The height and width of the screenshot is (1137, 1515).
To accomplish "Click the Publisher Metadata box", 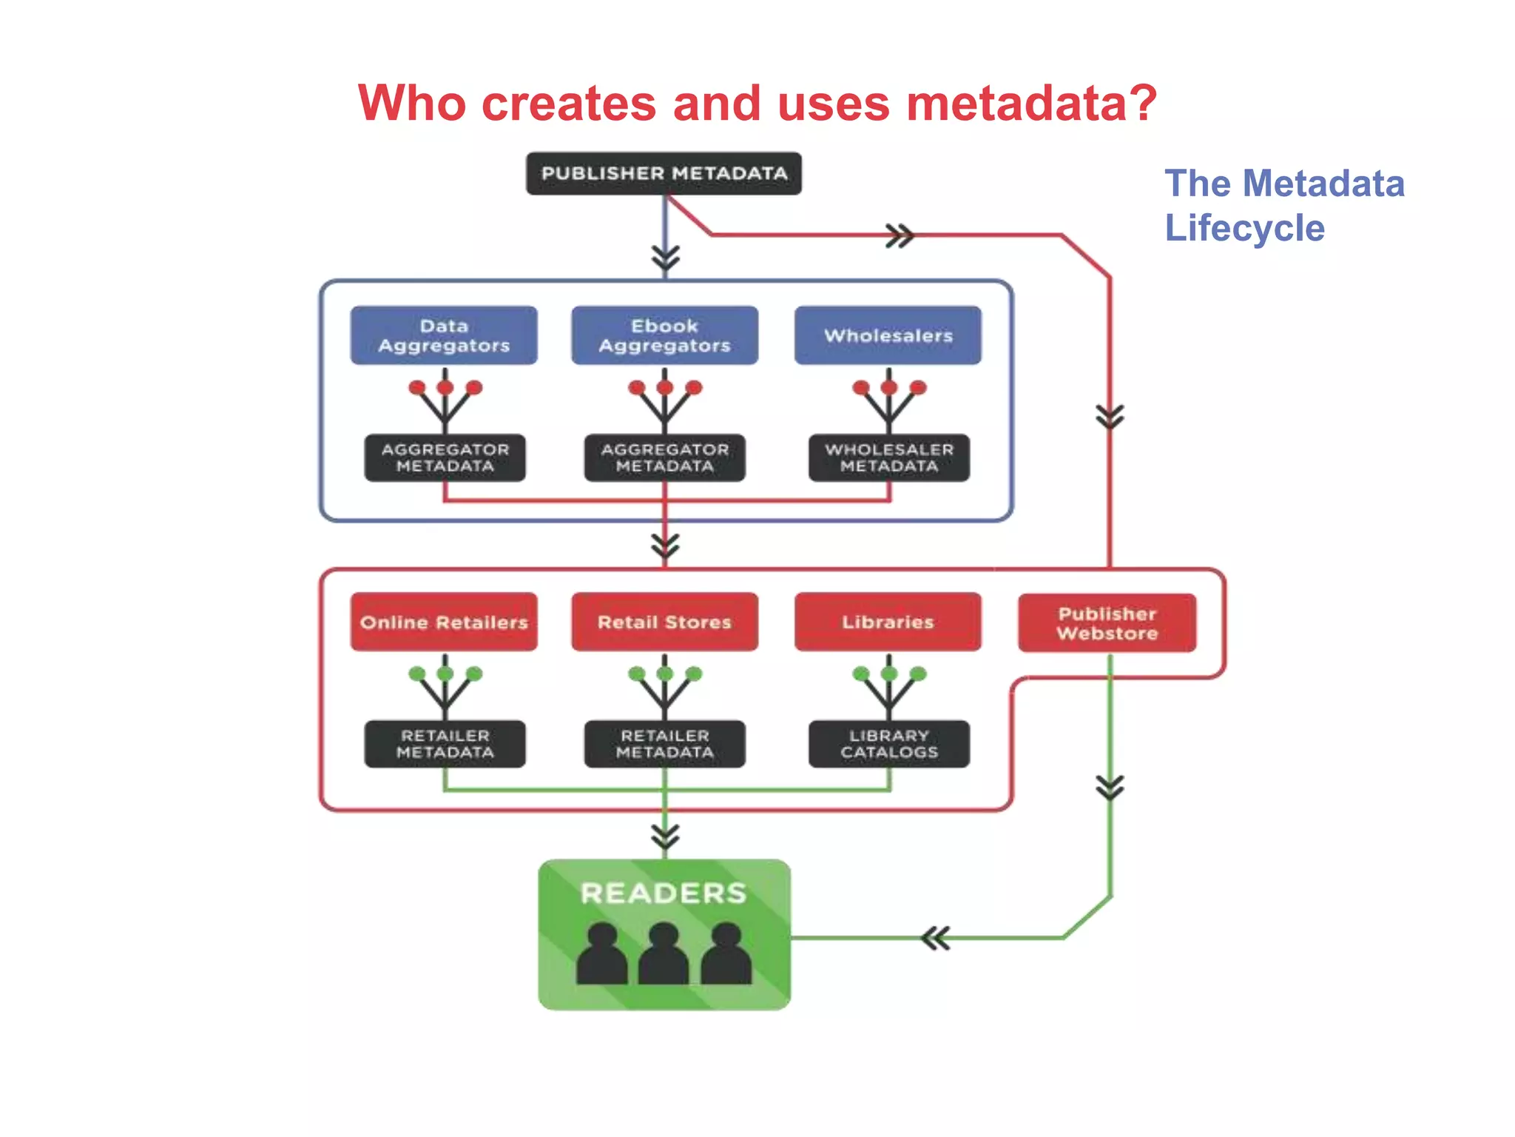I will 664,173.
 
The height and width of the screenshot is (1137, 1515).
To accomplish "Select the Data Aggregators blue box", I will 444,335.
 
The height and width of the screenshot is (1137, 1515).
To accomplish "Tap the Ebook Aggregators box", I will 664,335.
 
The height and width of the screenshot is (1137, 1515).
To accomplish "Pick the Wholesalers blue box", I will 888,335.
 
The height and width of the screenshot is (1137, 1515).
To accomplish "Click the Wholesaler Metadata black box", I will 888,457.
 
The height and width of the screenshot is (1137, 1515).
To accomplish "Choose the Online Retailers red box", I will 444,622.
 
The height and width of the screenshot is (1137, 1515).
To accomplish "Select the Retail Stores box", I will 664,622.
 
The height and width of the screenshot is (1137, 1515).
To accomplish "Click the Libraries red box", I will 888,622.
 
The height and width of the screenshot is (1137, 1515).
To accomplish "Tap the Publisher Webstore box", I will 1107,623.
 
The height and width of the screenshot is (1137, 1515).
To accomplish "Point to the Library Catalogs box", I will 888,744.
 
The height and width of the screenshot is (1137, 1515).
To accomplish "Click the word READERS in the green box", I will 664,893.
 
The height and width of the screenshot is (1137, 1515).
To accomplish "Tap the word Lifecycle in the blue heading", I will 1244,228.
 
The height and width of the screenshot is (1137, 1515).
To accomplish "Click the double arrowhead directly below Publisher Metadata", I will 665,258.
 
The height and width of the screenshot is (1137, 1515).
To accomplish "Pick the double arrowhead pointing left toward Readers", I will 935,939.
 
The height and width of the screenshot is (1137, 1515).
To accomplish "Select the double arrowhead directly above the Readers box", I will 665,836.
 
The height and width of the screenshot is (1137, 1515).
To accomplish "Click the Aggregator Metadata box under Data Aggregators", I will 445,457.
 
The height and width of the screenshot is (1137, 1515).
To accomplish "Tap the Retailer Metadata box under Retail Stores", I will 664,744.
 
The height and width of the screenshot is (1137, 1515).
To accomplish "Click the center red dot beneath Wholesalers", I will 888,387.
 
